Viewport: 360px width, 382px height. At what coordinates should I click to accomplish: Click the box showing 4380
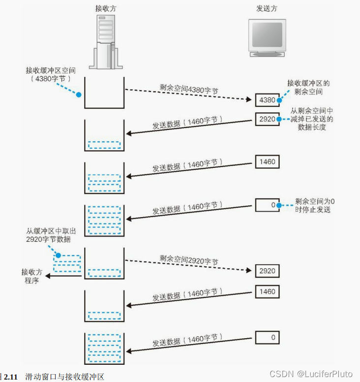click(x=267, y=100)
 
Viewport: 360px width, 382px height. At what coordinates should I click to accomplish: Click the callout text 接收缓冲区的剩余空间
click(x=308, y=87)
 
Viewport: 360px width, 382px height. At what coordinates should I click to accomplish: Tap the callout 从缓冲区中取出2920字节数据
click(x=49, y=235)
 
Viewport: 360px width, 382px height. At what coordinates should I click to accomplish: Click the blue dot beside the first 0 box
click(x=278, y=205)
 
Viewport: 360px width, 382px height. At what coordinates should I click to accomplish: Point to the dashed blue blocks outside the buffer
click(x=66, y=263)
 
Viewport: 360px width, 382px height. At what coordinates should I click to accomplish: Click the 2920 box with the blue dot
click(x=267, y=119)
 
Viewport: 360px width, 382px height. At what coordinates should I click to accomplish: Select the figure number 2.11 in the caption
click(x=11, y=377)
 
